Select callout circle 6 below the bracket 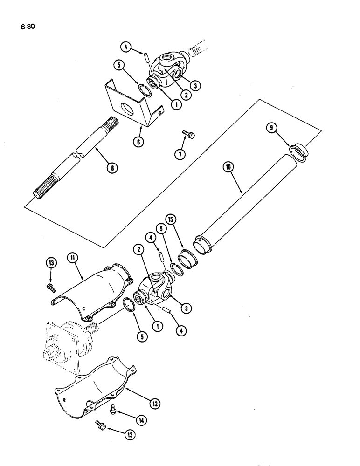tap(138, 143)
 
